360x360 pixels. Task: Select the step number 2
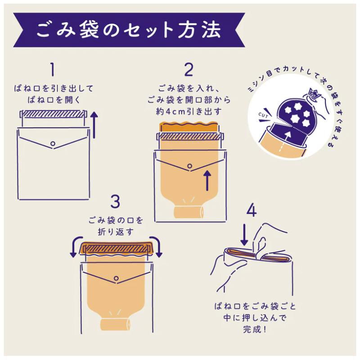189,70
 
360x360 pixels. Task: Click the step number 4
252,211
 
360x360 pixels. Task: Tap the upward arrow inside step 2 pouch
207,180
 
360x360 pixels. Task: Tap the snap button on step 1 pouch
53,143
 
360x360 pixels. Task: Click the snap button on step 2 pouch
189,166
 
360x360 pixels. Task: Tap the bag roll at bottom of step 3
115,324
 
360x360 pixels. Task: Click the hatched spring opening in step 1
53,114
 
